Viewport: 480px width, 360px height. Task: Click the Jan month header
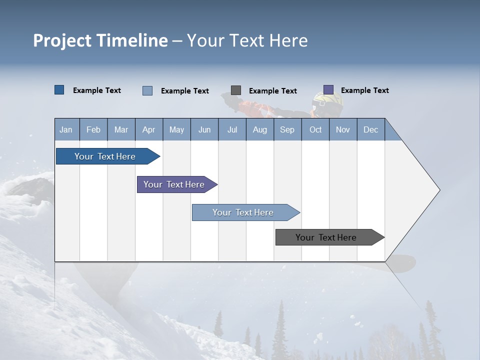point(66,130)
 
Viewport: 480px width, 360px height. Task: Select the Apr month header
point(149,130)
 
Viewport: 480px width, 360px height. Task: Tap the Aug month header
point(260,130)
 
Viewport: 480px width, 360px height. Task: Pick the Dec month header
point(370,130)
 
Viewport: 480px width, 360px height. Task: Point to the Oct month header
point(315,130)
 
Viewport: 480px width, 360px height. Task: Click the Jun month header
point(204,130)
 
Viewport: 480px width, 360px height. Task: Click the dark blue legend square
point(59,90)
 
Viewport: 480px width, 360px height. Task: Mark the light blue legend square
point(147,90)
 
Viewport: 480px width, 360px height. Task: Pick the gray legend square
point(236,90)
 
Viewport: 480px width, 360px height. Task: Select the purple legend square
point(328,90)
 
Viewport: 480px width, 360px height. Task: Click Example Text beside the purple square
point(365,90)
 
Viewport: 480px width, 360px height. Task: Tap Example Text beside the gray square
point(273,91)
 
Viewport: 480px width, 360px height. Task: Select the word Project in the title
point(62,41)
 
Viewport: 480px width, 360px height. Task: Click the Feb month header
point(93,130)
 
